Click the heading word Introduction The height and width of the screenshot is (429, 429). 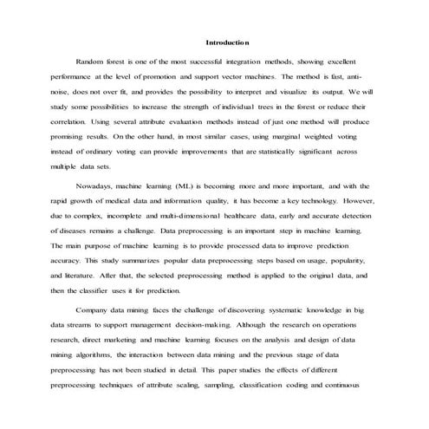(227, 42)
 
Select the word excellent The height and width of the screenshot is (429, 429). (351, 62)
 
